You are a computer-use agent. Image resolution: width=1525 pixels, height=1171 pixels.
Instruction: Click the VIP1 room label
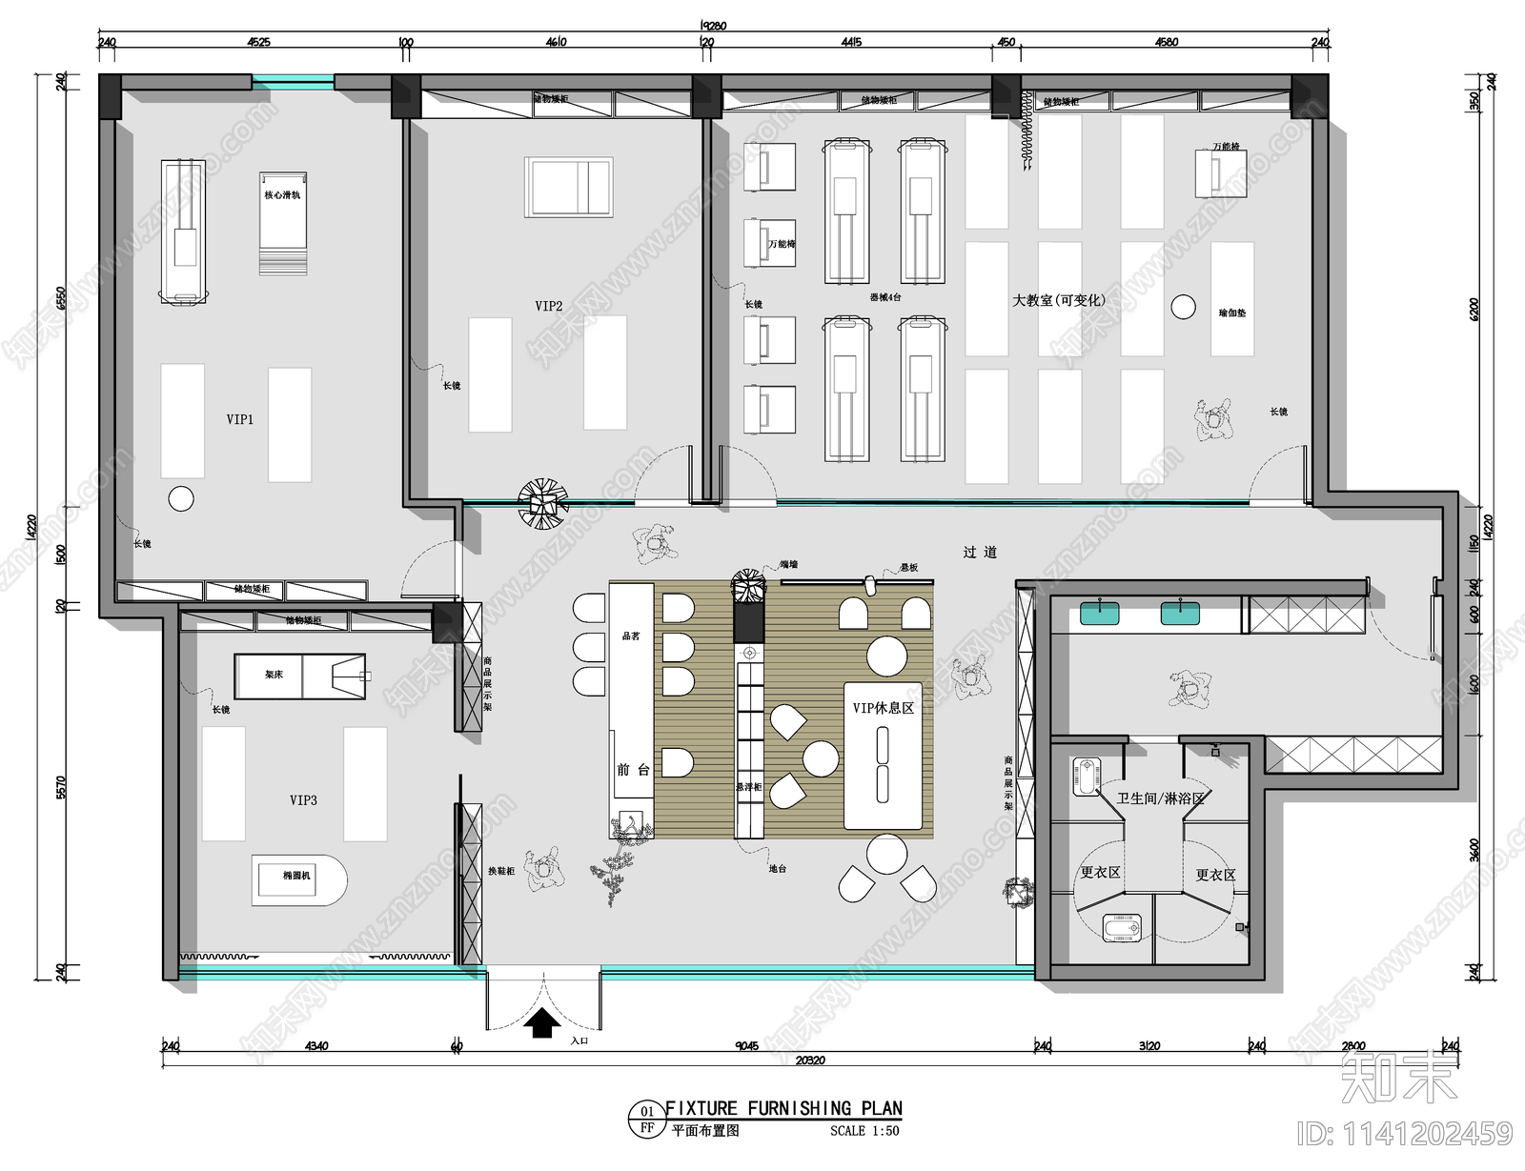point(240,419)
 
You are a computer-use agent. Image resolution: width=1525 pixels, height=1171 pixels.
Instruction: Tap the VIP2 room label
point(548,306)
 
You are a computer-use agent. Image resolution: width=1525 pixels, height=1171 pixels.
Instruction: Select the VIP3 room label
point(303,800)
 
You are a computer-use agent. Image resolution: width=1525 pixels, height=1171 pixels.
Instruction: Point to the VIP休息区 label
point(883,708)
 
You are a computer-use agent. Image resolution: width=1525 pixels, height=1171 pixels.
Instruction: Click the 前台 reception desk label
point(633,770)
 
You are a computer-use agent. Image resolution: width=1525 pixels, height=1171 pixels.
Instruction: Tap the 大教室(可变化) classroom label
point(1058,300)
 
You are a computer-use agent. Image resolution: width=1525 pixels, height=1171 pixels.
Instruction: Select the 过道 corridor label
point(980,552)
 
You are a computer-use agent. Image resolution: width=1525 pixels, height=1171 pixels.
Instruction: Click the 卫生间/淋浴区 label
point(1161,798)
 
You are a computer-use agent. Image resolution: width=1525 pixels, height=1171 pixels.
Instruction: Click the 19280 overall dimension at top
point(713,26)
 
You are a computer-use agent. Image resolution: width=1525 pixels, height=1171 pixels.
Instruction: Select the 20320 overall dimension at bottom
point(809,1060)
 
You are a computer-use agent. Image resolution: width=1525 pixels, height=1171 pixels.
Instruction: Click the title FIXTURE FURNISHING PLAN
point(783,1108)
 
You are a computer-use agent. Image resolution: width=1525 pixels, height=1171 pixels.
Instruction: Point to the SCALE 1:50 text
point(864,1131)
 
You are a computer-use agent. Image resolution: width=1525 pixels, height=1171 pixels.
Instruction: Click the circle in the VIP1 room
point(181,498)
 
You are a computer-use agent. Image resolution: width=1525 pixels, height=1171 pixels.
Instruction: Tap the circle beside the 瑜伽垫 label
point(1183,307)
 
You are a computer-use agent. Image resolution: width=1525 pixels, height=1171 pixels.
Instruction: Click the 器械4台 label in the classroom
point(884,297)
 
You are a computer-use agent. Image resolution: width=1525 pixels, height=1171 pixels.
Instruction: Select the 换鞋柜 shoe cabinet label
point(501,871)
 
